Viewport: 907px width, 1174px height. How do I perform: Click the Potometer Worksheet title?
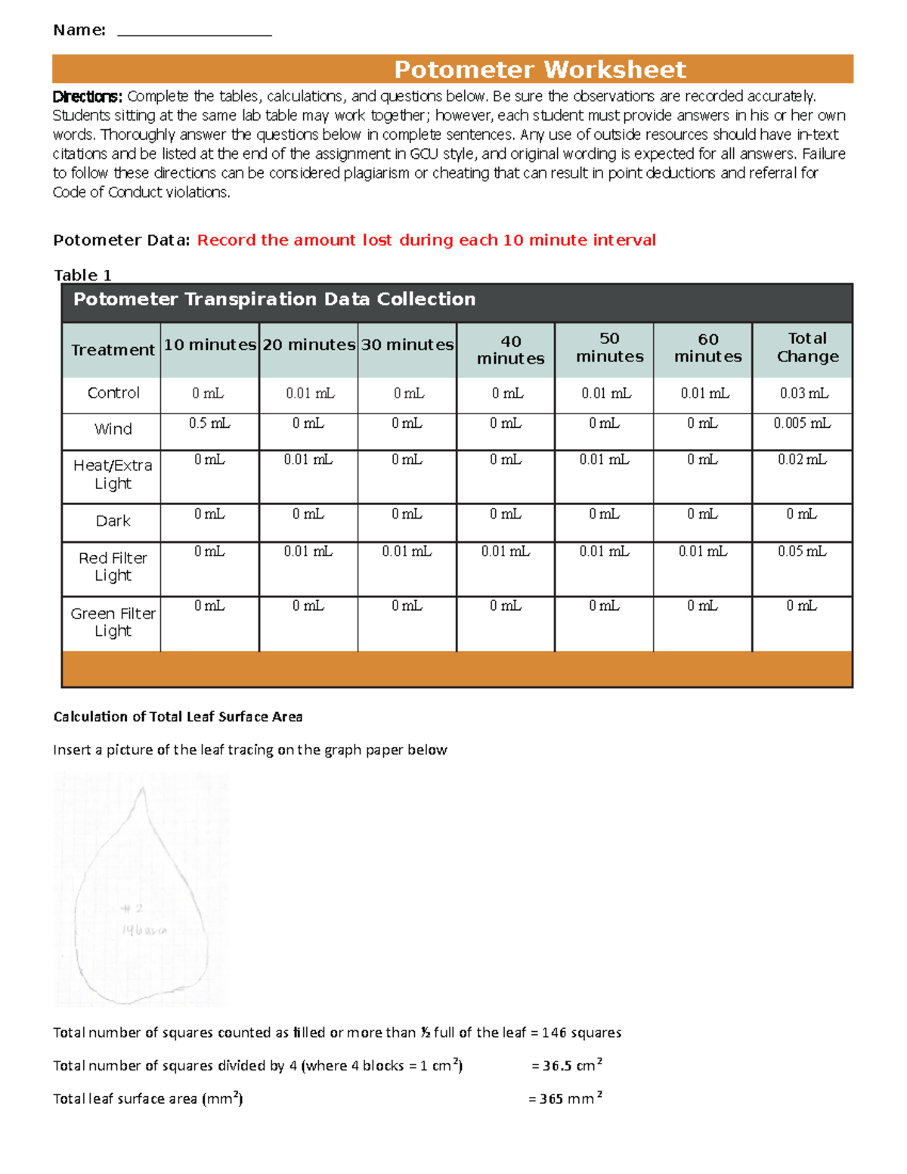[x=540, y=70]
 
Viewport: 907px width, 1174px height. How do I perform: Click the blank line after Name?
[x=194, y=32]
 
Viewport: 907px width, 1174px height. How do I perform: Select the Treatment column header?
[x=113, y=350]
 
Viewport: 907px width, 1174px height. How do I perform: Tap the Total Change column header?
[x=807, y=348]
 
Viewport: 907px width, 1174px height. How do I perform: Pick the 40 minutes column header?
[x=510, y=350]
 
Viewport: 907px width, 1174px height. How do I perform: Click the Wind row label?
[x=113, y=429]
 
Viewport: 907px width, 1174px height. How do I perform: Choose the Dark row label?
[x=113, y=521]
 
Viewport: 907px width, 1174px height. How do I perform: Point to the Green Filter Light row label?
[x=113, y=622]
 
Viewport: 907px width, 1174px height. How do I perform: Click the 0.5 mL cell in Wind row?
[x=209, y=423]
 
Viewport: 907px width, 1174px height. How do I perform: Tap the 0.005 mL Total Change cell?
[x=801, y=423]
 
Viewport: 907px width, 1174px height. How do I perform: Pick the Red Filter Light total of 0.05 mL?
[x=802, y=552]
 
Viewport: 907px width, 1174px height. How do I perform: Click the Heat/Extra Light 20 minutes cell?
[x=308, y=460]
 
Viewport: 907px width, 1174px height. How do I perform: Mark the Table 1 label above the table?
[x=82, y=275]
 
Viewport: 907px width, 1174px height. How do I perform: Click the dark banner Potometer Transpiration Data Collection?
[x=274, y=299]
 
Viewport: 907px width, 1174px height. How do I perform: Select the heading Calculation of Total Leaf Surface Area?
[x=178, y=717]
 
